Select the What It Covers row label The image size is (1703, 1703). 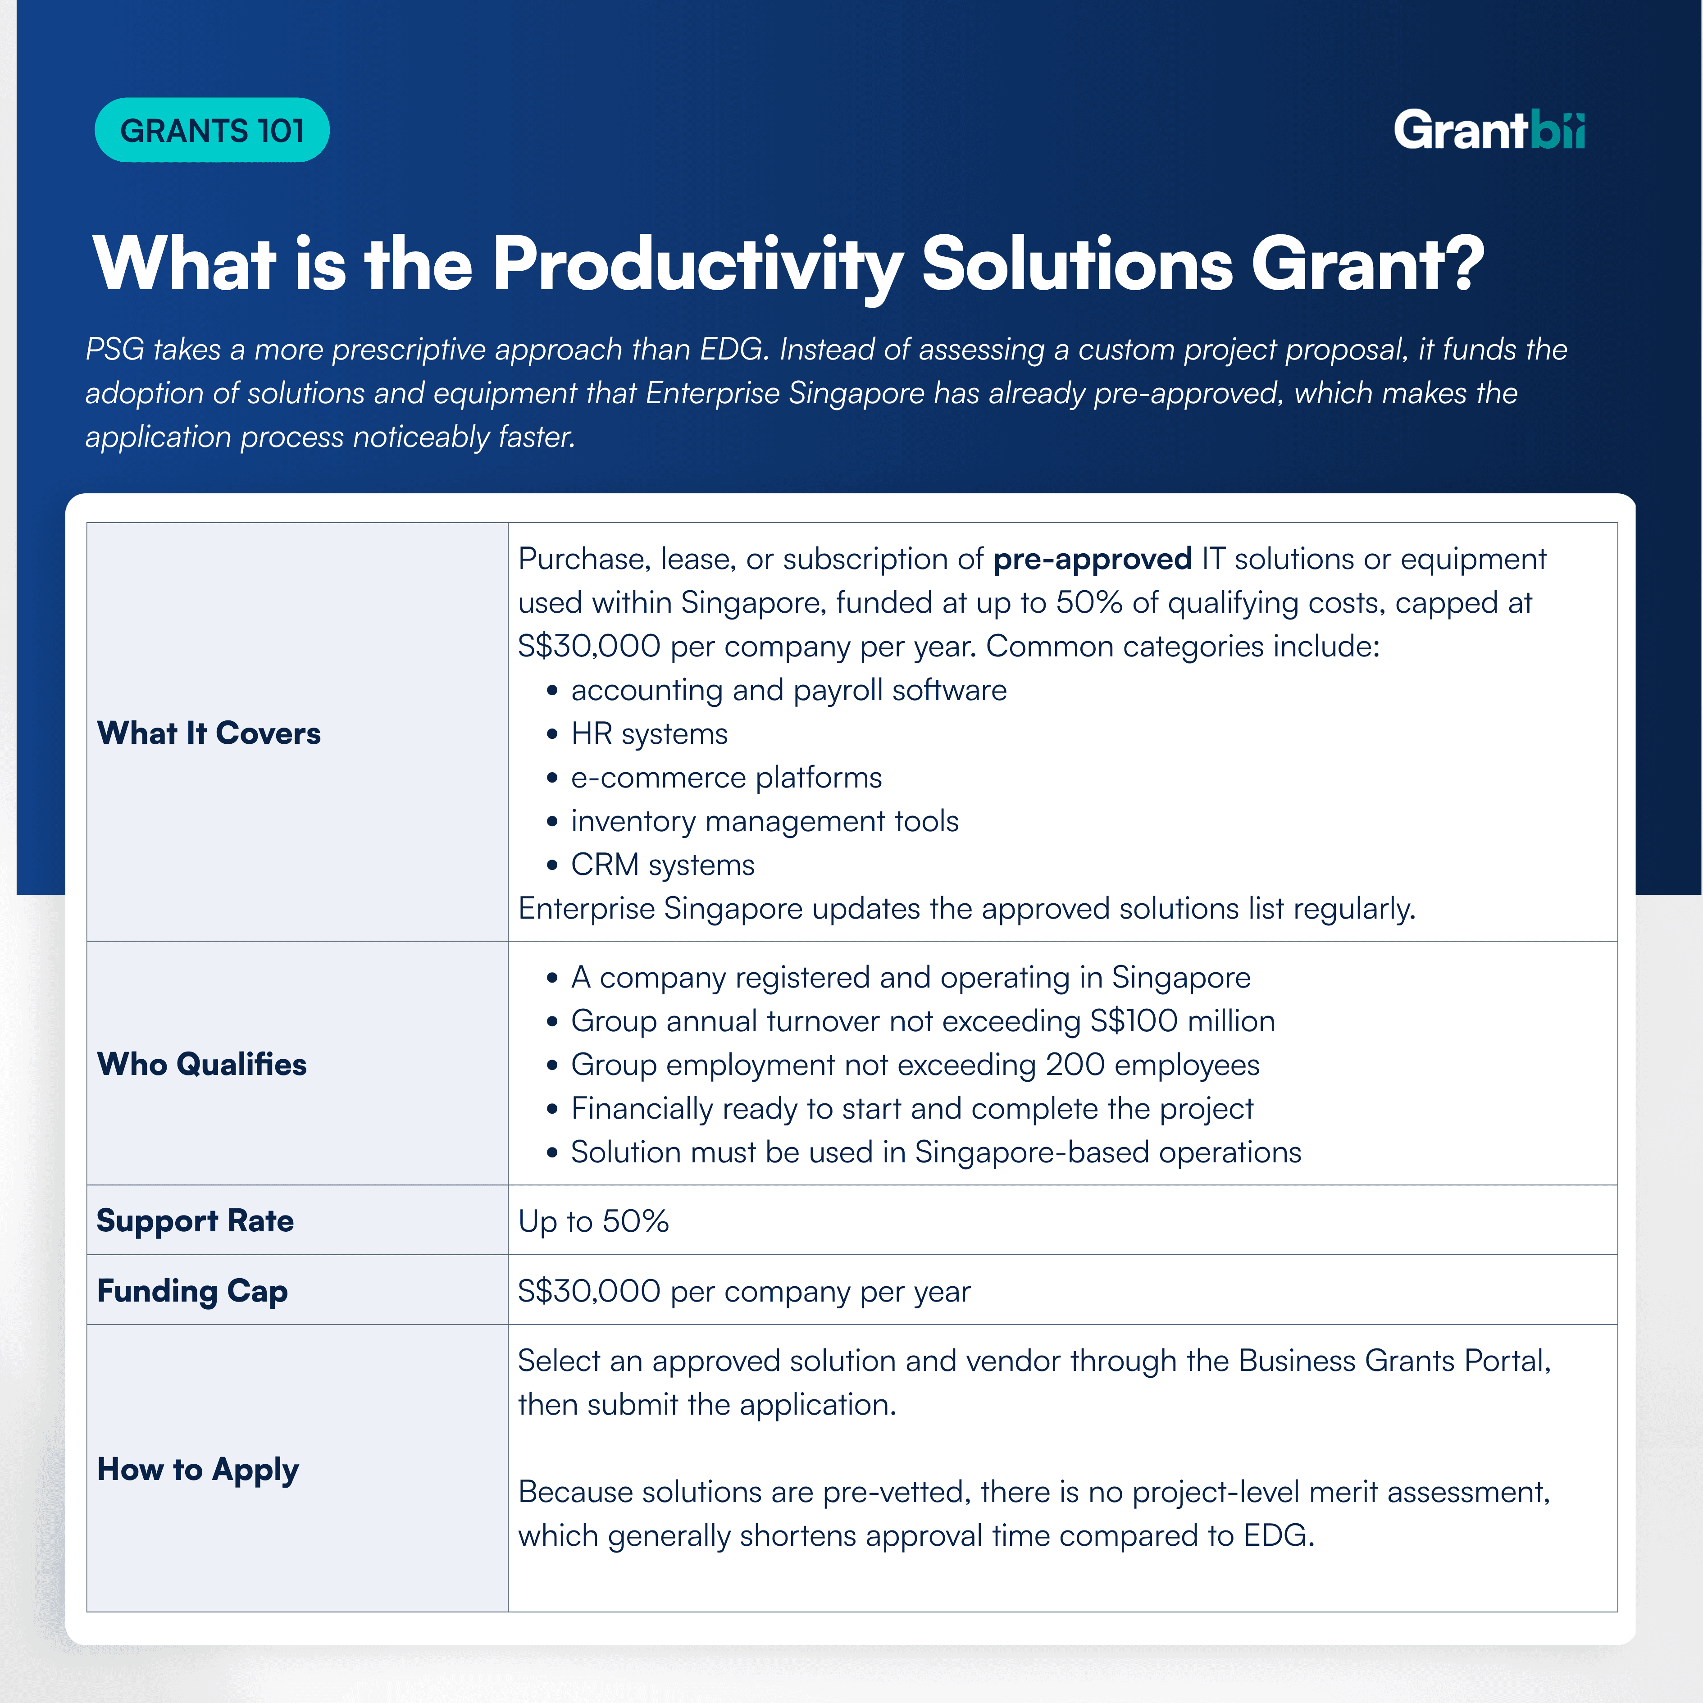(x=209, y=733)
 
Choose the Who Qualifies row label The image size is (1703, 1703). (x=202, y=1064)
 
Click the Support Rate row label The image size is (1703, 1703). (x=195, y=1221)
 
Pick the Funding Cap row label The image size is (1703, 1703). (x=192, y=1290)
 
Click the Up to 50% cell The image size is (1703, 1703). (x=593, y=1221)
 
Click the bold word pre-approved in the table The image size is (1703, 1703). (x=1092, y=559)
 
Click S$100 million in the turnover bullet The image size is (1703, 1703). (x=1182, y=1021)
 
